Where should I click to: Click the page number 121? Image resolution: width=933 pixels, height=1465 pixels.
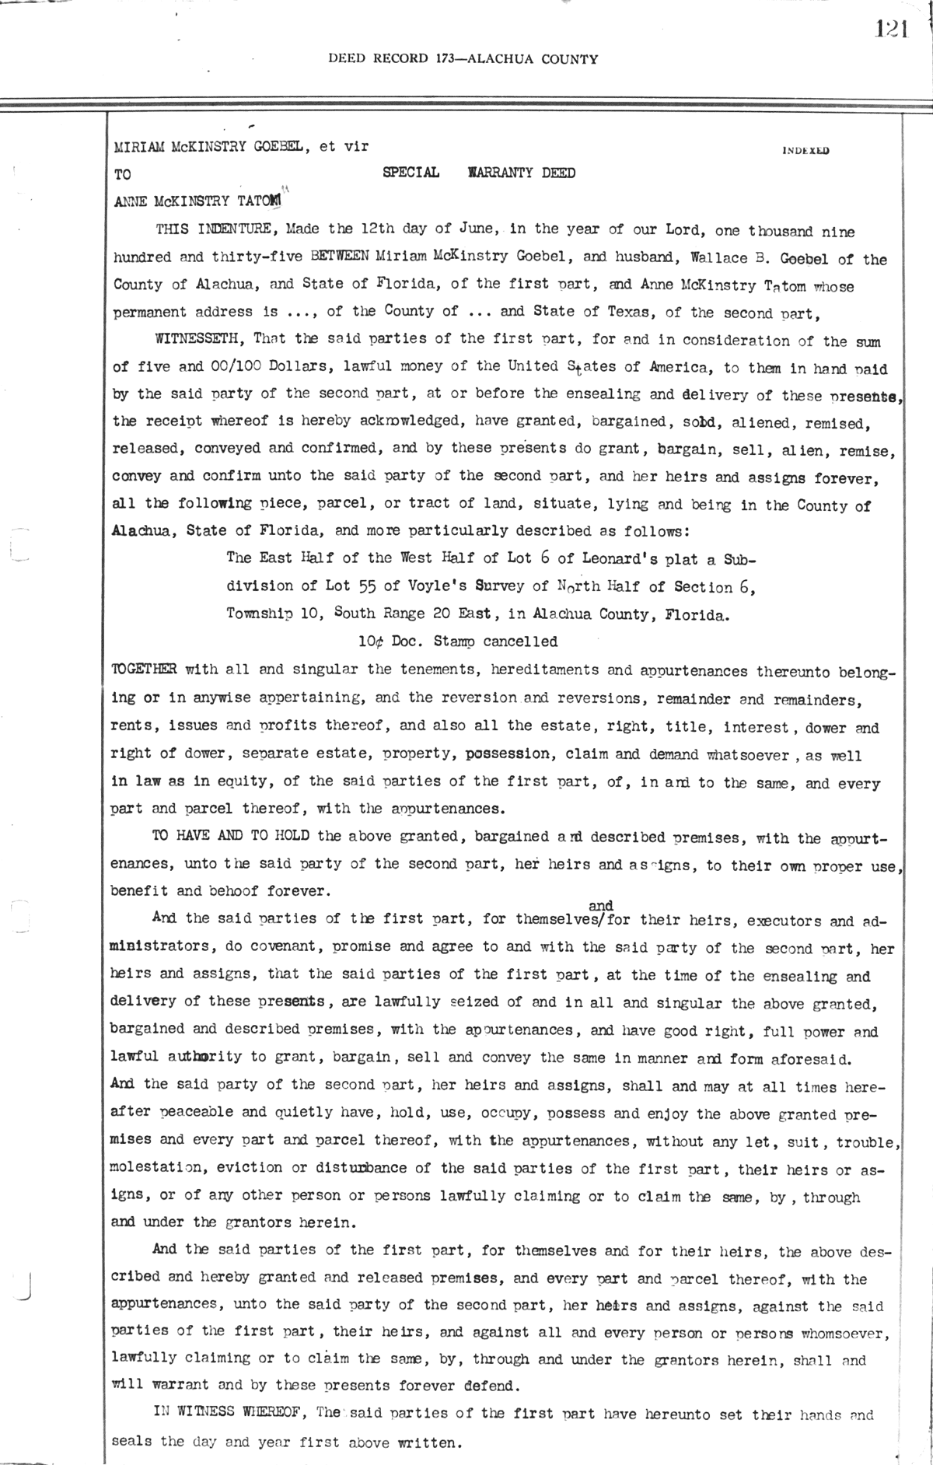[892, 30]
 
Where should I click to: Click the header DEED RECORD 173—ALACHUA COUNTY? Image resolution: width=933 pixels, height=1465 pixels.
[463, 58]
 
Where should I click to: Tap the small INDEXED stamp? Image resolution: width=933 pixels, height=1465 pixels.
[805, 152]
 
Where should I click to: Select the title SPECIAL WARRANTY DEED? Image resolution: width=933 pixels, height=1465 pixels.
[479, 173]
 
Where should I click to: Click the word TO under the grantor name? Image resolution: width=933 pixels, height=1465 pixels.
[123, 175]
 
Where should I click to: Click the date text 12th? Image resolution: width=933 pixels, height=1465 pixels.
[379, 230]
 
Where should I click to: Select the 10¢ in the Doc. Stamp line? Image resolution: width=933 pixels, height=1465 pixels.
[372, 642]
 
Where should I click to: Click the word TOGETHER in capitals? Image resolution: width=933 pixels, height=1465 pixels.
[145, 670]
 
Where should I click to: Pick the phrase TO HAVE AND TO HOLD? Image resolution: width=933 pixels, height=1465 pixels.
[231, 837]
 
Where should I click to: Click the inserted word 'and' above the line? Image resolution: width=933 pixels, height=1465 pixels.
[601, 905]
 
